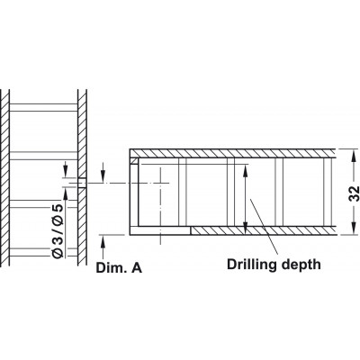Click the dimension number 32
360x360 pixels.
pos(355,193)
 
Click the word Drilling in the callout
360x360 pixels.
pos(252,265)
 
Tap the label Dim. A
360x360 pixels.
pos(119,268)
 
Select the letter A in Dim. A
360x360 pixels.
pos(137,268)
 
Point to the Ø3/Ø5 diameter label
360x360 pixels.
pos(58,230)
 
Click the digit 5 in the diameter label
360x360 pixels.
pos(58,209)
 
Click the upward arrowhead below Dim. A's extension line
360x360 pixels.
pos(103,241)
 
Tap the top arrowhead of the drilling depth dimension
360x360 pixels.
pos(246,170)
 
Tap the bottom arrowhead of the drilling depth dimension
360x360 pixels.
pos(246,227)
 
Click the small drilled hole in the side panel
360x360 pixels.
pos(82,183)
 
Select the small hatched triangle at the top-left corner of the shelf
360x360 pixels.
pos(134,161)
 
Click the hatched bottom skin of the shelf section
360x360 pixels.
pos(264,230)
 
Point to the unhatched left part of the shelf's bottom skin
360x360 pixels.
pos(160,230)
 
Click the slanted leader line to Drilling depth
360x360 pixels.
pos(264,226)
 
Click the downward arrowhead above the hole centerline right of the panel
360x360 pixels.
pos(103,176)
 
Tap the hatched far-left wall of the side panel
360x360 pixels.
pos(5,177)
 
